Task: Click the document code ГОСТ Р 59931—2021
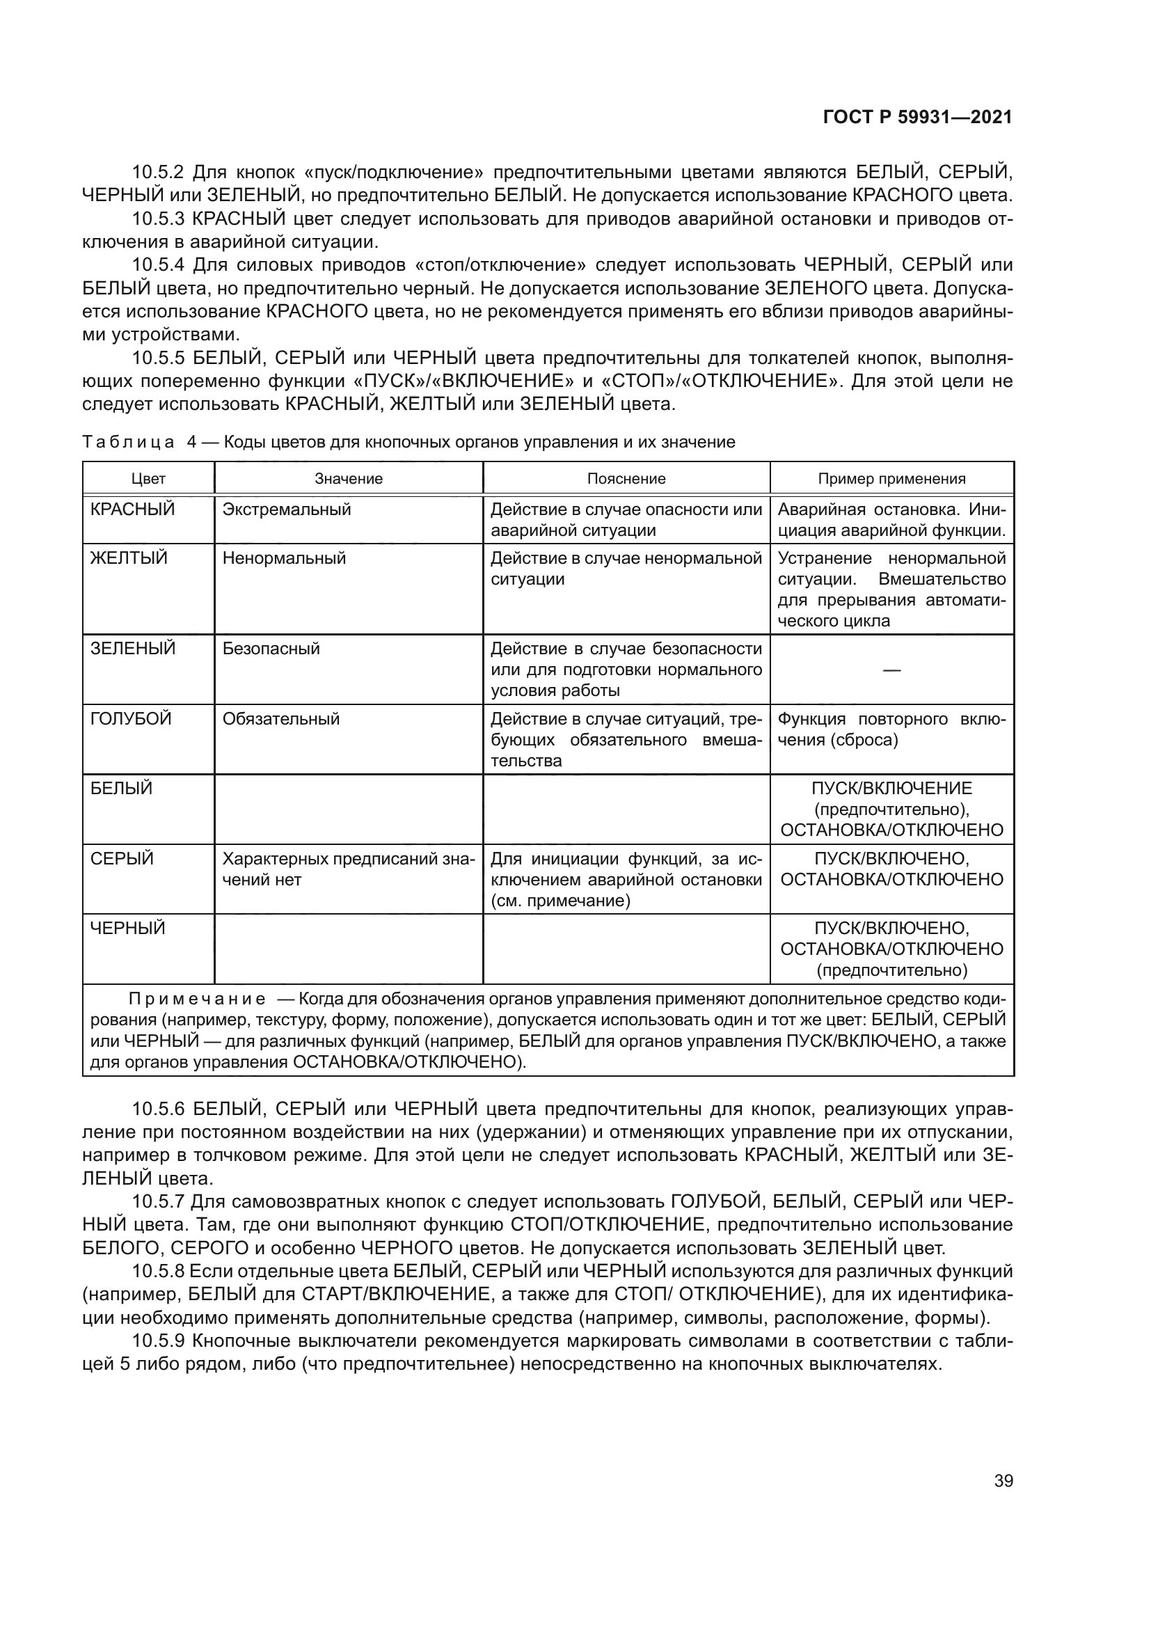917,117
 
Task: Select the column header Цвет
148,479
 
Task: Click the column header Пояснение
626,479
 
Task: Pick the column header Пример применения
891,479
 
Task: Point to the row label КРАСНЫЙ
132,509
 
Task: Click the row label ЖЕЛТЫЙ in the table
129,558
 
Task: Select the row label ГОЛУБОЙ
131,719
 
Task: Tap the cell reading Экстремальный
286,509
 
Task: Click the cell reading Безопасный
271,649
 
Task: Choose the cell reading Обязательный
280,719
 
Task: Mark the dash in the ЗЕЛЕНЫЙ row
891,670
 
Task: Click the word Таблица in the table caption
128,443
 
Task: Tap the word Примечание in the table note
197,999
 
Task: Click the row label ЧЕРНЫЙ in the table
127,928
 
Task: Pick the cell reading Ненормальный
284,558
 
